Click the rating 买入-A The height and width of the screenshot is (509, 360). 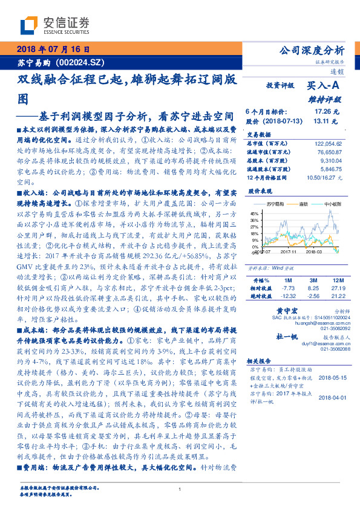[x=324, y=87]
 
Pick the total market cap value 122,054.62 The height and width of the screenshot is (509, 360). [x=328, y=143]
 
